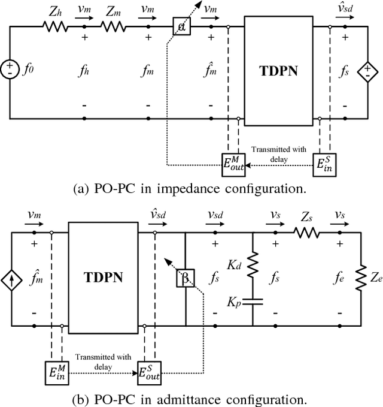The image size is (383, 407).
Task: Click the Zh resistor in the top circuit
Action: pos(55,26)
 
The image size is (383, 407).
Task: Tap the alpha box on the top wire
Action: pos(180,26)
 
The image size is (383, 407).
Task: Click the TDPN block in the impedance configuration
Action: pos(279,71)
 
